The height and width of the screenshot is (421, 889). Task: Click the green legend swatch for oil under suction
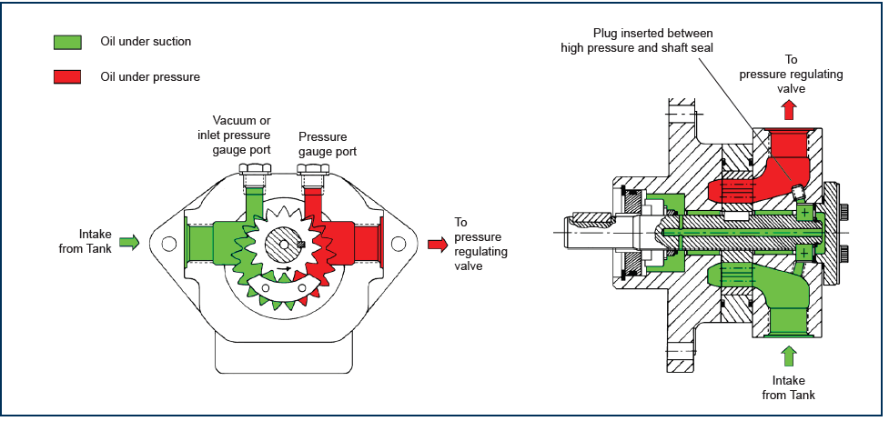67,42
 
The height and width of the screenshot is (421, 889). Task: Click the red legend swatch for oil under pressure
67,76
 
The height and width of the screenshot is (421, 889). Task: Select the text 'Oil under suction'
146,41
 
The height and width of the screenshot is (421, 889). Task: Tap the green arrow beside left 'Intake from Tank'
130,243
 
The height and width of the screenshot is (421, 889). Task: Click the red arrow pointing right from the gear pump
438,244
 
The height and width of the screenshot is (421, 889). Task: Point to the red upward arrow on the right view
788,111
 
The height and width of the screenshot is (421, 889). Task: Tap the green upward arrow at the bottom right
788,356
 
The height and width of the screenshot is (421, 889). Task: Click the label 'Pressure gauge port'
323,145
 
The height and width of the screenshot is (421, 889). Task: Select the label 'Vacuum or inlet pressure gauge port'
234,135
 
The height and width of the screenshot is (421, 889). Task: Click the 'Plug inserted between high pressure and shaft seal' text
637,40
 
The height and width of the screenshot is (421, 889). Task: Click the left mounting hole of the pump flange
168,244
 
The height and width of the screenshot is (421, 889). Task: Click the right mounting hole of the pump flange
398,244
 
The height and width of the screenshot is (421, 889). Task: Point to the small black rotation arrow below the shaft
285,268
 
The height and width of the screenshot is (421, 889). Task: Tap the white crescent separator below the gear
284,290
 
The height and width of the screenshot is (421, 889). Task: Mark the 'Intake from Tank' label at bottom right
788,387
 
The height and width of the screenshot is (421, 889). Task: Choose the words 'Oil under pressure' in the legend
150,76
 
